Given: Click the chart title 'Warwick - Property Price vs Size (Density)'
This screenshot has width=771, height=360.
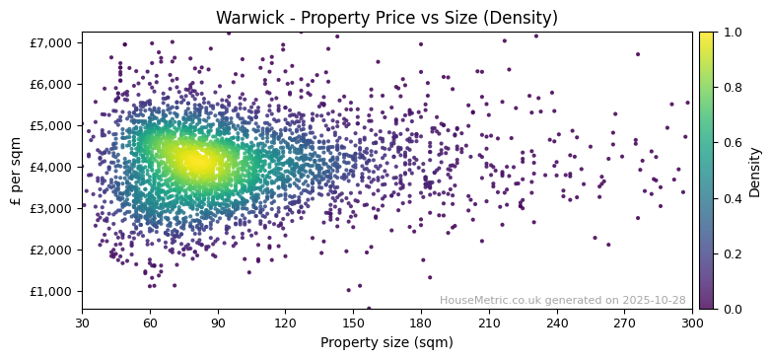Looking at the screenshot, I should pyautogui.click(x=386, y=18).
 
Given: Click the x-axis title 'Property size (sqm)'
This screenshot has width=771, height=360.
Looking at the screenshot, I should pyautogui.click(x=386, y=343).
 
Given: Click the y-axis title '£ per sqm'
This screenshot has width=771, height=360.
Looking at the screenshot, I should pyautogui.click(x=17, y=171).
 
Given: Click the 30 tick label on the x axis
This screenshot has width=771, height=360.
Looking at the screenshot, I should pyautogui.click(x=82, y=323).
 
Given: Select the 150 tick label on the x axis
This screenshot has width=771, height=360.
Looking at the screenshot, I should pyautogui.click(x=353, y=323).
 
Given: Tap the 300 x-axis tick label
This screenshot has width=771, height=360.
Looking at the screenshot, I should pyautogui.click(x=692, y=323).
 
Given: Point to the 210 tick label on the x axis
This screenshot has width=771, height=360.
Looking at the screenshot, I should pyautogui.click(x=489, y=323).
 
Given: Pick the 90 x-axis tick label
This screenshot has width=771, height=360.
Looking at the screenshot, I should pyautogui.click(x=218, y=323).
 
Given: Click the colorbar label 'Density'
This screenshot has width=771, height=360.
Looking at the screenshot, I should pyautogui.click(x=755, y=171).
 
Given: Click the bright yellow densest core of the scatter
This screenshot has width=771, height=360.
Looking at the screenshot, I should pyautogui.click(x=196, y=161).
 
